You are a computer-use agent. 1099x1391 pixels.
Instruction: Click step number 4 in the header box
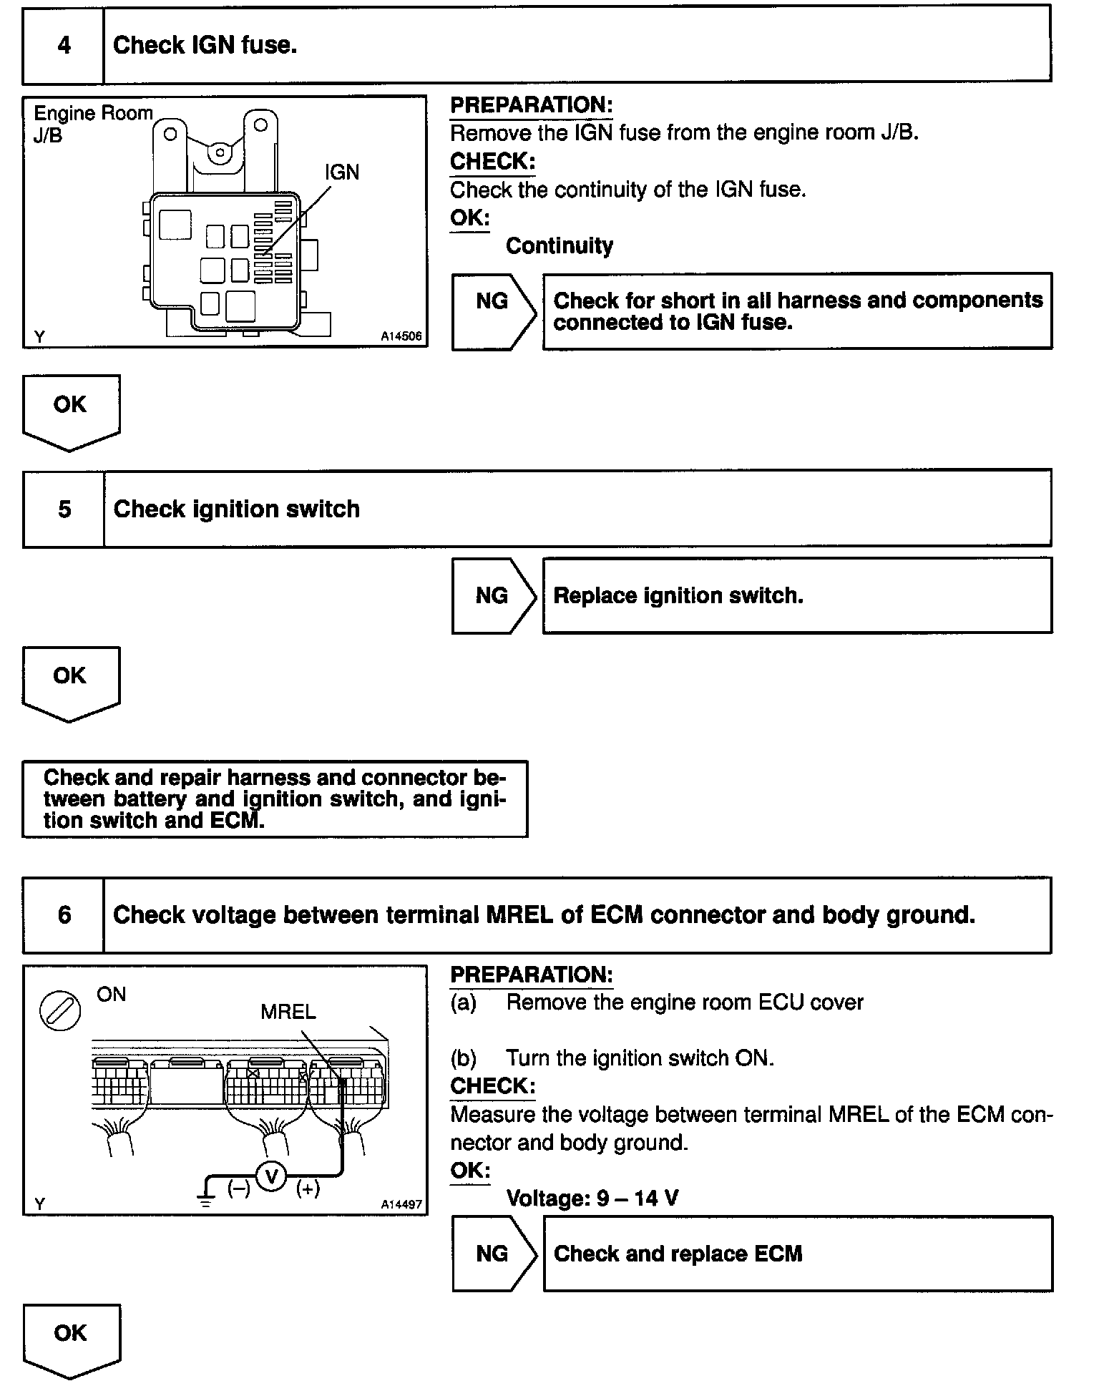coord(64,46)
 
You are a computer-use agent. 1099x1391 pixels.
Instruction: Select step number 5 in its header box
coord(64,509)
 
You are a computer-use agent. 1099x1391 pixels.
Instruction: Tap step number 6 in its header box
coord(64,915)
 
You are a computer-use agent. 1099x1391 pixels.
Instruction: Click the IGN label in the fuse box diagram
coord(341,172)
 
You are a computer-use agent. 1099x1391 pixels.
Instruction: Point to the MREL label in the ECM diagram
coord(288,1012)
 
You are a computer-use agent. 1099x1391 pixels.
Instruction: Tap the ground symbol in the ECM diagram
coord(206,1198)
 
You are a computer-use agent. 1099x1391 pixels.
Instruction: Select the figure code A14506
coord(401,336)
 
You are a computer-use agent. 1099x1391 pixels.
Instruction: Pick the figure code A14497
coord(401,1204)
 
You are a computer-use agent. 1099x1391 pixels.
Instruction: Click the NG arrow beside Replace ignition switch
coord(493,596)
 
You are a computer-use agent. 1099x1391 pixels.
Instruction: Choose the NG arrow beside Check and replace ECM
coord(493,1254)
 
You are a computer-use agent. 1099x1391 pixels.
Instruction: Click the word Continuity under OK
coord(559,246)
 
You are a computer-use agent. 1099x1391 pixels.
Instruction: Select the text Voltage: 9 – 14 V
coord(592,1198)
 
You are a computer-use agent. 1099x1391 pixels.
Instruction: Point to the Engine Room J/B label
coord(92,123)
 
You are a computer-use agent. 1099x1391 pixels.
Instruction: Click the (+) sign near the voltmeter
coord(308,1189)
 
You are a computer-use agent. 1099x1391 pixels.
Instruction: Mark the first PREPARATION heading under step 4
coord(531,105)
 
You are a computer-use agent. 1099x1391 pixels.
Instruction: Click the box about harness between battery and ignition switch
coord(275,799)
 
